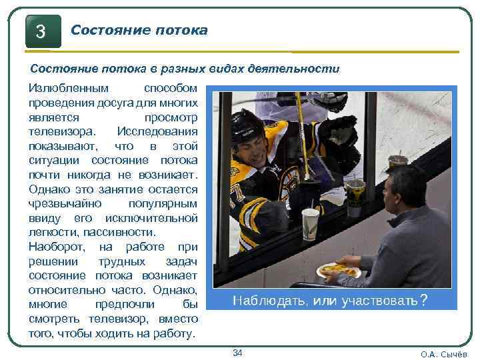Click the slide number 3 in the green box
click(x=41, y=31)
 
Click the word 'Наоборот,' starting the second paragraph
click(x=55, y=247)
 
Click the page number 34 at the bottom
click(x=237, y=352)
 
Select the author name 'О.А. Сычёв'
click(x=444, y=354)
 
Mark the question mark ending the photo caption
click(x=424, y=301)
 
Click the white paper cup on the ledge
click(x=310, y=223)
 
